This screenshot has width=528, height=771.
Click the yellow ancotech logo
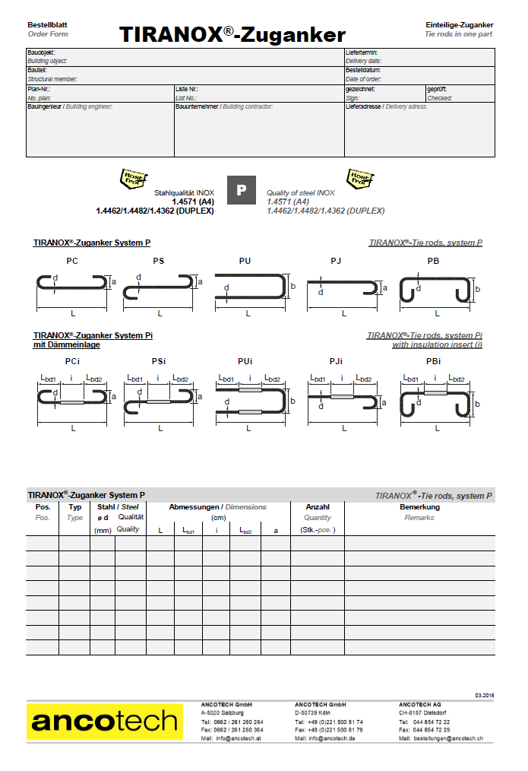click(x=105, y=721)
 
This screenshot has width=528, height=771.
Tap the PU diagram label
click(x=245, y=261)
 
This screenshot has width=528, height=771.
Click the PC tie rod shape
click(x=73, y=284)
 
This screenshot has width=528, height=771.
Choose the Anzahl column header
click(x=317, y=506)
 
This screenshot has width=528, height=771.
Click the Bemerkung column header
click(x=419, y=506)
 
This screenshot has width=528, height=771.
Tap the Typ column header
click(x=74, y=506)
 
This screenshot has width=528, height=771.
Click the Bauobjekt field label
click(x=43, y=52)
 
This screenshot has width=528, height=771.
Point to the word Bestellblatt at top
click(x=47, y=25)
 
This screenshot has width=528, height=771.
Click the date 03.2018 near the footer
click(x=485, y=696)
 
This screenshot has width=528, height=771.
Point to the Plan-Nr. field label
click(x=38, y=89)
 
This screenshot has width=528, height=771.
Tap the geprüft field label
click(x=437, y=89)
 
